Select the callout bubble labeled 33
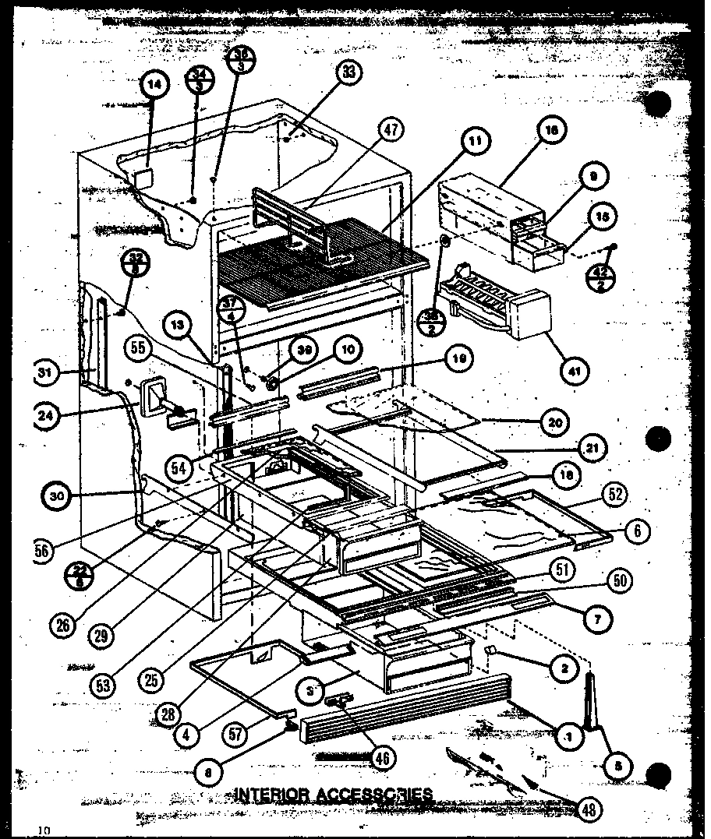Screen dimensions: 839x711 pos(348,72)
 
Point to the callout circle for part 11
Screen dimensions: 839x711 pos(475,142)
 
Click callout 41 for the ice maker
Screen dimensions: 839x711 pos(575,369)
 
